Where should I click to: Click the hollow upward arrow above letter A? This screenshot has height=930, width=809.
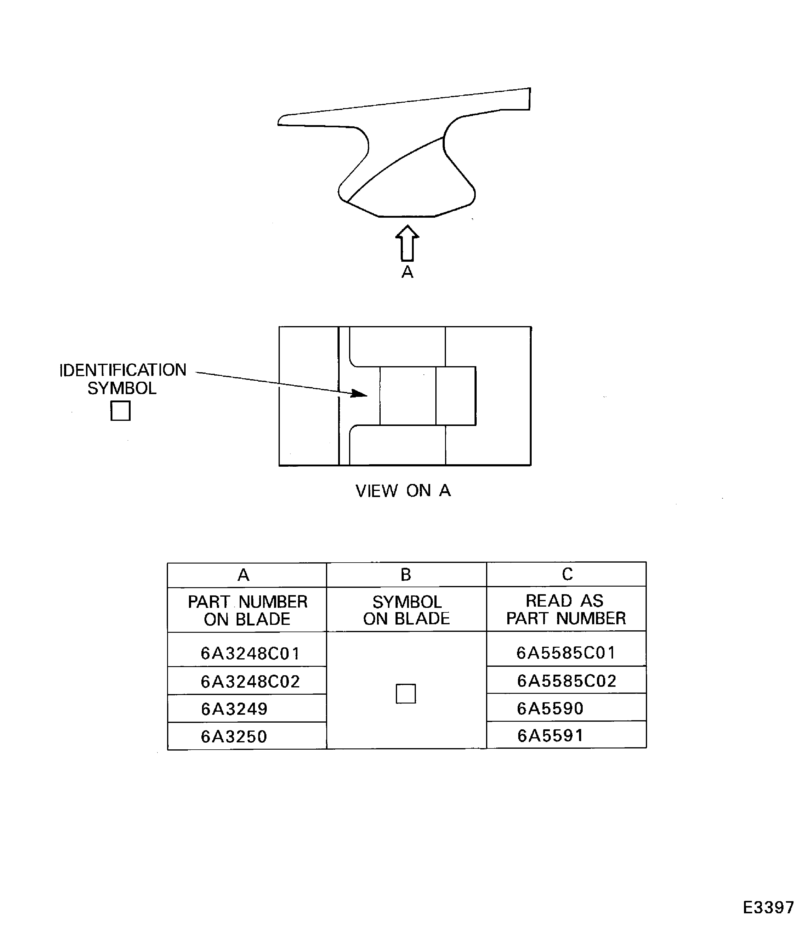tap(407, 244)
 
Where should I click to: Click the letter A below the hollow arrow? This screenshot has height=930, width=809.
tap(407, 272)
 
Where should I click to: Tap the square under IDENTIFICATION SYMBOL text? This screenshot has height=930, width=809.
tap(121, 410)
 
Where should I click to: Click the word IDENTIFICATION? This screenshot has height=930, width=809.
tap(123, 370)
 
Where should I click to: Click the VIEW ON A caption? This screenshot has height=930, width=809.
tap(403, 490)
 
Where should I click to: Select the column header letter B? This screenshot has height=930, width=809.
tap(406, 574)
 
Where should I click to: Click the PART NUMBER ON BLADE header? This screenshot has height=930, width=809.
tap(247, 610)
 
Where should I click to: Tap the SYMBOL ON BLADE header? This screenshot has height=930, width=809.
tap(406, 610)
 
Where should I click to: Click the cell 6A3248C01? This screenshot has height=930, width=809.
tap(250, 653)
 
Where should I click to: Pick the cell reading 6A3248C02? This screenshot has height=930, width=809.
tap(250, 681)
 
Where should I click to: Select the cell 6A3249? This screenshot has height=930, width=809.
tap(234, 709)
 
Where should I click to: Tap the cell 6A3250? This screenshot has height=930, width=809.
tap(234, 736)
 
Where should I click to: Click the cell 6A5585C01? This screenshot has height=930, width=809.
tap(566, 652)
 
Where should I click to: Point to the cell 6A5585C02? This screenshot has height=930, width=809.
tap(567, 680)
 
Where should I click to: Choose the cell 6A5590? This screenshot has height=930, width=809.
tap(550, 708)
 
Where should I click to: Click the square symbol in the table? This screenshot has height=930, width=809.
tap(405, 693)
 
